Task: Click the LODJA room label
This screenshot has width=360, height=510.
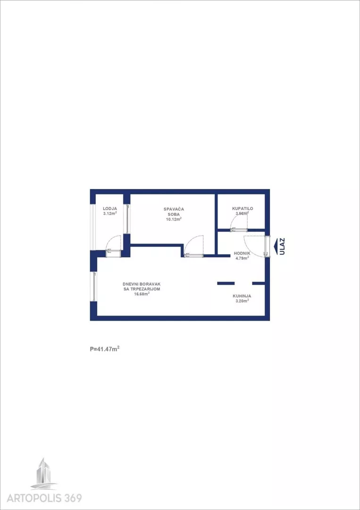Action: click(x=110, y=209)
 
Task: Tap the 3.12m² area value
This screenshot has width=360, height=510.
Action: click(x=110, y=213)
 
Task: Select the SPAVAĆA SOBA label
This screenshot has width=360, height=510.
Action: click(x=174, y=212)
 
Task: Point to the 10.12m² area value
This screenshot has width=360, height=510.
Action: click(x=174, y=219)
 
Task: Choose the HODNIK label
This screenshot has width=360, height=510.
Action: click(x=242, y=253)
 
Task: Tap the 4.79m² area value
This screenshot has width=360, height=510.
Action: click(x=242, y=258)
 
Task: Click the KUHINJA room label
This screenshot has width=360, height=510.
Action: click(x=242, y=296)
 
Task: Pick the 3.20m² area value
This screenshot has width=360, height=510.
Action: click(x=242, y=301)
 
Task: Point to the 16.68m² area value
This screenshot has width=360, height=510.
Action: click(x=142, y=294)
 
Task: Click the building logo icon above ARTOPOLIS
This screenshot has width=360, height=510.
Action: click(x=44, y=473)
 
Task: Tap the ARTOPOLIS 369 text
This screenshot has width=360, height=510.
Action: click(x=44, y=498)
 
